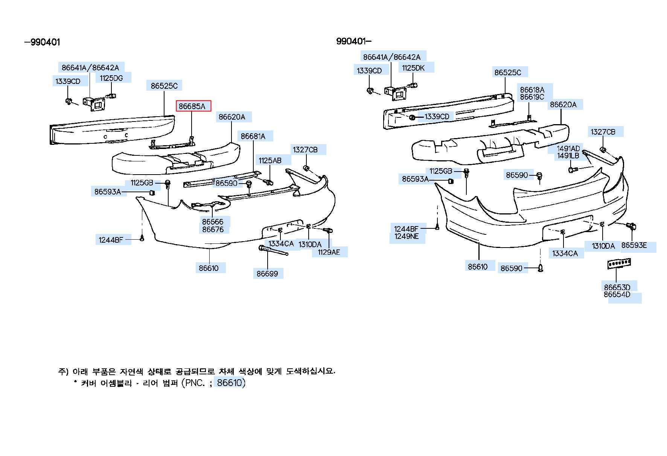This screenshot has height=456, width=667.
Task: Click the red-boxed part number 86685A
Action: point(192,106)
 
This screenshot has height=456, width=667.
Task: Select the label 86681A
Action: point(253,136)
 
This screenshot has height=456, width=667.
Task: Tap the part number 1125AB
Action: point(270,161)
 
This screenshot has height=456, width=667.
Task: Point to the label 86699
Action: point(267,274)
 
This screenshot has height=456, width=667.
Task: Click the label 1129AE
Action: point(329,252)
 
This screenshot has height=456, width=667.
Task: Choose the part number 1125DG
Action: point(111,78)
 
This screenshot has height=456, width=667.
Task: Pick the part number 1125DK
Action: point(413,68)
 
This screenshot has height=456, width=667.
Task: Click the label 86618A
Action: point(532,90)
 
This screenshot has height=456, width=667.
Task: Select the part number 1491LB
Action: point(568,156)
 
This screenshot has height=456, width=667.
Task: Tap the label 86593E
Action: point(634,245)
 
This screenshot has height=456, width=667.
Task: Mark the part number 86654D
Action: point(617,295)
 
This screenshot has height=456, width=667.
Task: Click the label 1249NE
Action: point(407,236)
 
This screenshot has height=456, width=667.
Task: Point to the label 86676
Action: point(213,230)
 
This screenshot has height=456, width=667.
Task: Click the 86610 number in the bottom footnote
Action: point(229,383)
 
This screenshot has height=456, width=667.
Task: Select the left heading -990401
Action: point(42,42)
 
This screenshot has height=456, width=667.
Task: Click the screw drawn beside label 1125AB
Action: point(269,182)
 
